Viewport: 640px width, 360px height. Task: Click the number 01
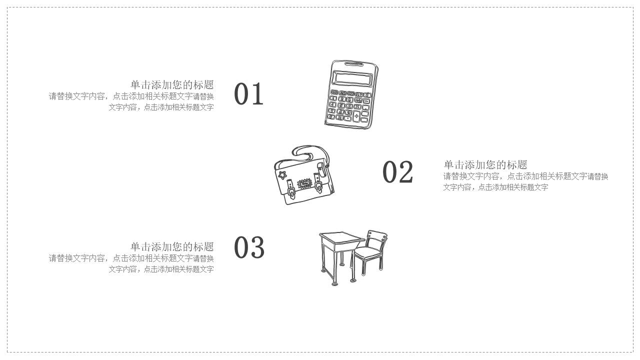pos(248,94)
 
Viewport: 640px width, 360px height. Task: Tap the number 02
pos(397,172)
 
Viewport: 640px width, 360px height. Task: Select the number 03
pos(249,247)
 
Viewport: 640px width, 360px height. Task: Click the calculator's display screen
pos(353,78)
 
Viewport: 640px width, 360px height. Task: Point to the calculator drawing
pos(351,94)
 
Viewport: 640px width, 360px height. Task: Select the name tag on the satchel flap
pos(303,183)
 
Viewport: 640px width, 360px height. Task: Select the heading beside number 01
pos(172,84)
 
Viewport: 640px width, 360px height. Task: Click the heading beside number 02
pos(485,164)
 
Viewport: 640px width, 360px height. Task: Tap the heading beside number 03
pos(172,246)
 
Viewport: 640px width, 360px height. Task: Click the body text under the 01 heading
pos(131,101)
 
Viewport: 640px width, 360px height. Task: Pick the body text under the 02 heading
pos(525,181)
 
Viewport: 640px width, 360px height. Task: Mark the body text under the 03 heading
pos(131,263)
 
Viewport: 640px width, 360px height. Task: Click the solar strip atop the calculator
pos(354,64)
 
